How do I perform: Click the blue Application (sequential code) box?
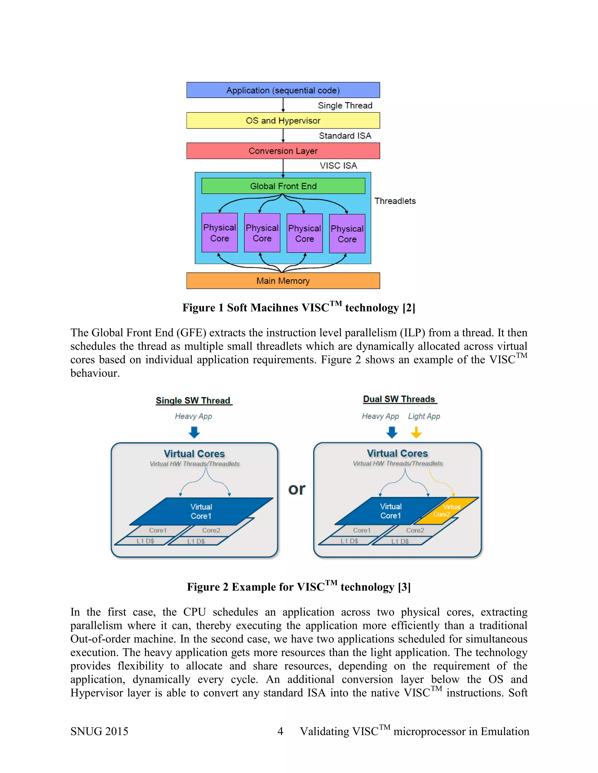click(283, 90)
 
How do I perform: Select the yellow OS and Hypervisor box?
click(283, 121)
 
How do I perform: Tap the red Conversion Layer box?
click(283, 151)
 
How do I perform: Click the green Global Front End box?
click(283, 186)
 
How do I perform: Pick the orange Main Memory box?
click(283, 281)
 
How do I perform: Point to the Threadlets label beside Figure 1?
click(395, 201)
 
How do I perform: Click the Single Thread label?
click(345, 106)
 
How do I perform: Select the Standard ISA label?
click(345, 136)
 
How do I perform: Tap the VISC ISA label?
click(338, 166)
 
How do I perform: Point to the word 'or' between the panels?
click(297, 489)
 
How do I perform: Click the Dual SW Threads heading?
click(399, 399)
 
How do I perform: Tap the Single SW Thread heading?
click(193, 401)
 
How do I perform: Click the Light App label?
click(424, 416)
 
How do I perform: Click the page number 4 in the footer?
click(280, 731)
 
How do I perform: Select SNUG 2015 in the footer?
click(99, 731)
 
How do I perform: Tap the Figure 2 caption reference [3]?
click(404, 587)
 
